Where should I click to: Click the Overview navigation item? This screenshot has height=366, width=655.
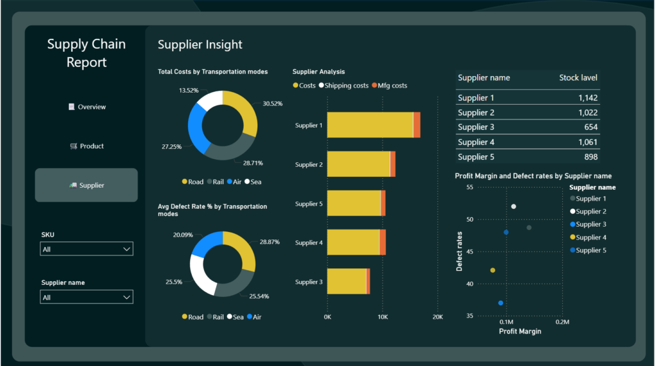[x=87, y=107]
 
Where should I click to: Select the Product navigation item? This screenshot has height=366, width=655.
[x=87, y=146]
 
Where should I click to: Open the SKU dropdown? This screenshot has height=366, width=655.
[x=86, y=249]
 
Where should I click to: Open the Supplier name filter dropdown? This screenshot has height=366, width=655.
[x=86, y=297]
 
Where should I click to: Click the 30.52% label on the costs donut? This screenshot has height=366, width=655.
[x=272, y=103]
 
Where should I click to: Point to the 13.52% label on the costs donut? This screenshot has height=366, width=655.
[x=189, y=91]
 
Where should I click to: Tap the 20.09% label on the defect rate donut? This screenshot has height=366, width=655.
[x=183, y=235]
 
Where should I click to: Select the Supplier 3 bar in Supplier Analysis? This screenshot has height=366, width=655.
[x=347, y=281]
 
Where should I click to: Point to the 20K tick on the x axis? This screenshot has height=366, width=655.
[x=438, y=317]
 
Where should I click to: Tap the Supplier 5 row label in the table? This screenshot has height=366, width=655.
[x=476, y=156]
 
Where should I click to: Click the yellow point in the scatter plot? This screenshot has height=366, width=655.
[x=493, y=270]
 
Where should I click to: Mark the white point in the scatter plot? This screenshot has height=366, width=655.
[x=514, y=206]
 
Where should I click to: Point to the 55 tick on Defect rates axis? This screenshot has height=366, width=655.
[x=470, y=187]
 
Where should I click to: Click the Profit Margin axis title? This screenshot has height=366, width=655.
[x=519, y=332]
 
